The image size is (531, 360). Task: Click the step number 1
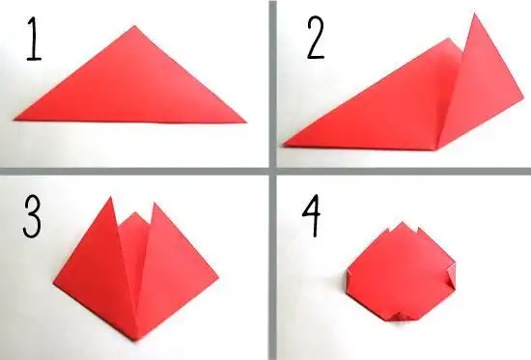click(x=34, y=40)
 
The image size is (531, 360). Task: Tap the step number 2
click(x=316, y=39)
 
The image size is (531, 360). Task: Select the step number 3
click(x=32, y=217)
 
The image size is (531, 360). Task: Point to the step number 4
click(x=311, y=216)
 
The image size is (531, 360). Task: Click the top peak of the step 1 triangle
click(x=135, y=26)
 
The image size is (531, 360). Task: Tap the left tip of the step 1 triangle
click(x=14, y=120)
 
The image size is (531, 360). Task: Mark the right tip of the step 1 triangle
click(x=246, y=122)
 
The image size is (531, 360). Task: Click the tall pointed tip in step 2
click(x=474, y=14)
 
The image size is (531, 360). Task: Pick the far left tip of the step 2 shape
click(x=283, y=146)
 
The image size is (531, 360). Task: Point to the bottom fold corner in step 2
click(x=437, y=150)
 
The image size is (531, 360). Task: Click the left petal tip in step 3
click(x=110, y=197)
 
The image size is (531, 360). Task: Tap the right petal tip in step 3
click(x=154, y=203)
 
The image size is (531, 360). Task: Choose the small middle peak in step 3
click(x=135, y=212)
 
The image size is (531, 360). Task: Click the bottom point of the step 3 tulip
click(x=136, y=341)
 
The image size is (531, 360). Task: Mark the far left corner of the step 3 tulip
click(x=54, y=281)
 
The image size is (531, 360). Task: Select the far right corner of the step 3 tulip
click(x=218, y=278)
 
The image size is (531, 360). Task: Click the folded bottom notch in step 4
click(x=400, y=317)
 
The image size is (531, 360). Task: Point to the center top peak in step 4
click(x=403, y=223)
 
